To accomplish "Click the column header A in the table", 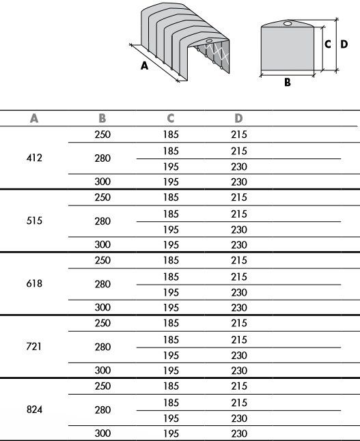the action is coord(34,118).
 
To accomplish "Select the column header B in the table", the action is coord(102,118).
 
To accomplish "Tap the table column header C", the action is coord(171,118).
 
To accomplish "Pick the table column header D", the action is coord(239,118).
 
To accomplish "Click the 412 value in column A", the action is coord(34,158).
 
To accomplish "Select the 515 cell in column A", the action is coord(34,221).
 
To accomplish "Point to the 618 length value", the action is coord(34,283).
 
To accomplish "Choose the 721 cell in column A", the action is coord(34,346).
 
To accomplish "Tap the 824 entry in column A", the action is coord(34,410).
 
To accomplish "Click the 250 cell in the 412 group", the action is coord(102,134).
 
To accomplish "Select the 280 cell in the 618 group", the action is coord(102,284).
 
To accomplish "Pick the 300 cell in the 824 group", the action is coord(102,433).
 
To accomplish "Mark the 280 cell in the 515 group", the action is coord(102,221).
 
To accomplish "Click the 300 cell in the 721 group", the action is coord(102,371).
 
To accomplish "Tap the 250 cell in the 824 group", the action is coord(102,386).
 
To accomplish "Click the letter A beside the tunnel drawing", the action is coord(144,66).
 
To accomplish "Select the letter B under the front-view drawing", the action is coord(288,82).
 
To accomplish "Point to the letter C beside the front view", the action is coord(328,44).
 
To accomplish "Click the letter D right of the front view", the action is coord(344,44).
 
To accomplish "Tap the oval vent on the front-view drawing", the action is coord(287,25).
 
